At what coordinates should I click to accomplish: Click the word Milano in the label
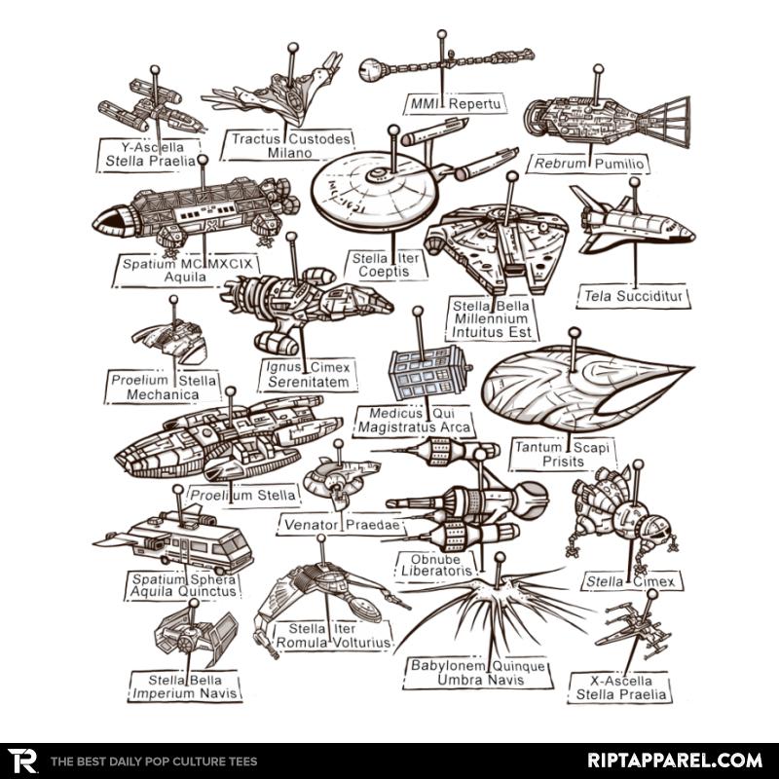289,153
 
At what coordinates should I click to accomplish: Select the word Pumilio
619,164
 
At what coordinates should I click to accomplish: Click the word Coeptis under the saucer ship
384,272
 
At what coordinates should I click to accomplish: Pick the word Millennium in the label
491,319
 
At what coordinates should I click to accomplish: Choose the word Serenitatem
309,382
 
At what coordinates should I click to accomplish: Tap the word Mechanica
163,394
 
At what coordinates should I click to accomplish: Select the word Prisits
563,461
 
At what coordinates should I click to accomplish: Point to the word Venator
312,525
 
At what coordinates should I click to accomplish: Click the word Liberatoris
436,572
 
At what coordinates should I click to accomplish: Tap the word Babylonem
448,666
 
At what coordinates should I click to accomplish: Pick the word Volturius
360,643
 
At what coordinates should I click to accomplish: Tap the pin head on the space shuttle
635,182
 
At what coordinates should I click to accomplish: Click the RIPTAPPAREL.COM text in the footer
675,760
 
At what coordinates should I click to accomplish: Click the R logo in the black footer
21,760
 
